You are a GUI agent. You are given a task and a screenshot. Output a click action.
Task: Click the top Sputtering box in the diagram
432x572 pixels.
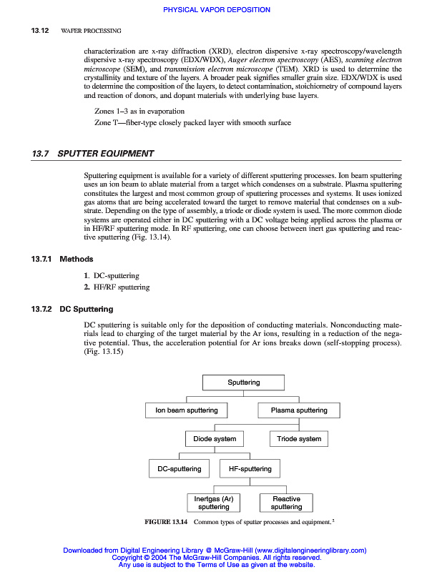(244, 383)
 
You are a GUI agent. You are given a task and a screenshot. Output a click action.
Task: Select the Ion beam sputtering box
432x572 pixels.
(187, 410)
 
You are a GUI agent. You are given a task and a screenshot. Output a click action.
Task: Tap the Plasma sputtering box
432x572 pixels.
(299, 410)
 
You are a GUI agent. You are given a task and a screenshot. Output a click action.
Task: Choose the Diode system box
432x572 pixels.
(215, 438)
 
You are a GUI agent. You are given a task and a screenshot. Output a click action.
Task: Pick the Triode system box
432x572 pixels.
(299, 438)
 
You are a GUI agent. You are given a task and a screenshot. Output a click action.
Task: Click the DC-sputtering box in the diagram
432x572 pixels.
(180, 469)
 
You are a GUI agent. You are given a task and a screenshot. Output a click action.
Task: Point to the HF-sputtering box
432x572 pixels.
(250, 469)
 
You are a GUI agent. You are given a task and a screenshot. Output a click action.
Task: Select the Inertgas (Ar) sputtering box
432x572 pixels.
(214, 503)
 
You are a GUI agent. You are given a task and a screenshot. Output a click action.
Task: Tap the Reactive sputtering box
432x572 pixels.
(286, 503)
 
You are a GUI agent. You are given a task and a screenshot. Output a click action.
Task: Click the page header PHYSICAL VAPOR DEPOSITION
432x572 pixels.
(217, 10)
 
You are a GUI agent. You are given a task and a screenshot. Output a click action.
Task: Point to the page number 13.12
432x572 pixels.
(39, 31)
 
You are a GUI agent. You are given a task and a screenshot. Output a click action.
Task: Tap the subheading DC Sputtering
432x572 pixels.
(86, 310)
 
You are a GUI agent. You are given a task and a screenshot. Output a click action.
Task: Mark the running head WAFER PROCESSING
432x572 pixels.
(91, 31)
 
